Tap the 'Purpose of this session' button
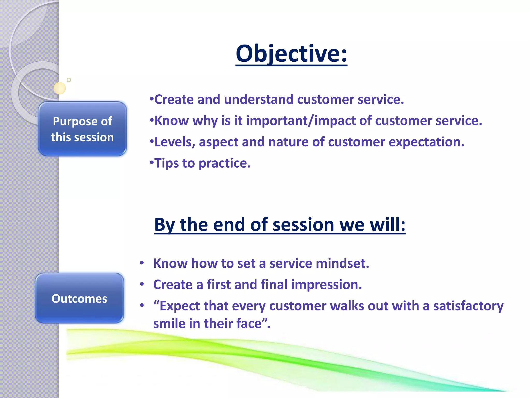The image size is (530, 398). (x=82, y=129)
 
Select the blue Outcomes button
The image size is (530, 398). (x=79, y=298)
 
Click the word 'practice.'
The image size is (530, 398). (x=224, y=164)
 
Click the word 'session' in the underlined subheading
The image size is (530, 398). (x=303, y=224)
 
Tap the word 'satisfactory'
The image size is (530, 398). (x=468, y=306)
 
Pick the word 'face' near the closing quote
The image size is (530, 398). (x=248, y=324)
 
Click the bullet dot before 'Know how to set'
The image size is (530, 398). (x=142, y=263)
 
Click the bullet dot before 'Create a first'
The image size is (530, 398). (x=142, y=285)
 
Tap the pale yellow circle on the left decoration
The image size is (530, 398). (x=60, y=88)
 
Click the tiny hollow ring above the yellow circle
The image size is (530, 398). (x=69, y=80)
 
